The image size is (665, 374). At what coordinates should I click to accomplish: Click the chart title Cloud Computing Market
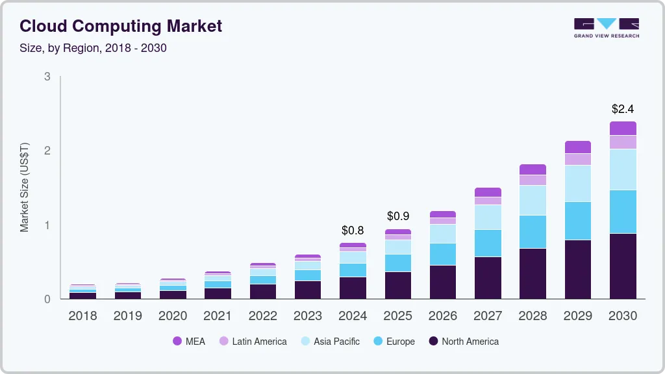pyautogui.click(x=121, y=26)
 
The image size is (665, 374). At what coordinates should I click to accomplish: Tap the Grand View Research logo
pyautogui.click(x=606, y=27)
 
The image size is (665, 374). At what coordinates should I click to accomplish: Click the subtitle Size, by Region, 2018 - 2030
pyautogui.click(x=93, y=48)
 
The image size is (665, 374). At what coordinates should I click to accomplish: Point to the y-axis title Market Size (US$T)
pyautogui.click(x=25, y=187)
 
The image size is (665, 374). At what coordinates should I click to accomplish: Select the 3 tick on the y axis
pyautogui.click(x=47, y=77)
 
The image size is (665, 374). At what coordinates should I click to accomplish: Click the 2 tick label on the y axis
pyautogui.click(x=47, y=151)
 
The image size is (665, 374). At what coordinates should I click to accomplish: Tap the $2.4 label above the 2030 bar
pyautogui.click(x=623, y=108)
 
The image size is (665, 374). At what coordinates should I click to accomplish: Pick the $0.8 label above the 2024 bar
pyautogui.click(x=353, y=231)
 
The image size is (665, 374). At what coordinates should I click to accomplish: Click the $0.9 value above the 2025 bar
pyautogui.click(x=398, y=216)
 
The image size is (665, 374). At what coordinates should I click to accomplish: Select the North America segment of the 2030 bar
pyautogui.click(x=623, y=266)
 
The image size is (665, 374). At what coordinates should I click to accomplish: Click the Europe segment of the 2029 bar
pyautogui.click(x=578, y=221)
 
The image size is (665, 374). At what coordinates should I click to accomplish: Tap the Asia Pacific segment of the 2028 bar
pyautogui.click(x=533, y=200)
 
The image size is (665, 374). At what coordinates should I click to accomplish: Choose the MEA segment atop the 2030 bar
pyautogui.click(x=623, y=128)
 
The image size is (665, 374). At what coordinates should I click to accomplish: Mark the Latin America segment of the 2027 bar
pyautogui.click(x=488, y=201)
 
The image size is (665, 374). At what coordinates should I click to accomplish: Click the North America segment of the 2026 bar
pyautogui.click(x=443, y=282)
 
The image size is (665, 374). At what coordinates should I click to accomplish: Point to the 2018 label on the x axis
pyautogui.click(x=82, y=316)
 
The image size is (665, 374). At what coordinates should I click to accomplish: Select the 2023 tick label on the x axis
pyautogui.click(x=308, y=316)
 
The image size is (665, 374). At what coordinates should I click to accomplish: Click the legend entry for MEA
pyautogui.click(x=189, y=342)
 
